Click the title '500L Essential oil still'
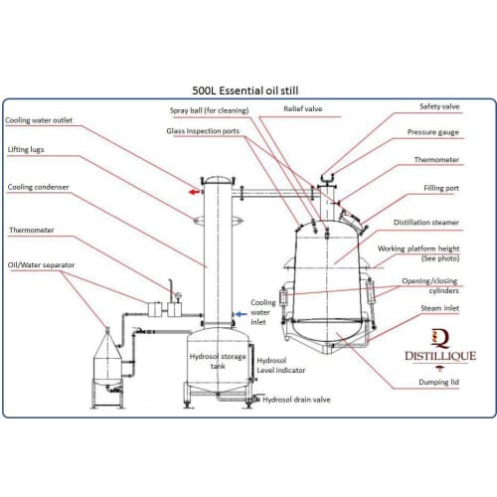coord(246,90)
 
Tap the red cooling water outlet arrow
coord(194,192)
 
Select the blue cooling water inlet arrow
coord(241,314)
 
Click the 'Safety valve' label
coord(439,106)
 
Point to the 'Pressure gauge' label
coord(433,132)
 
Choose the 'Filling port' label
coord(441,188)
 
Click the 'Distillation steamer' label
coord(426,223)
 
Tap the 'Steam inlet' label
coord(439,308)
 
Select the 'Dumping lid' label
coord(438,382)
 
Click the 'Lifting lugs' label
coord(26,150)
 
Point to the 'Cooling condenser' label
coord(38,187)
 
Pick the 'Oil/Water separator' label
coord(41,265)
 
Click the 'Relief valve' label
coord(303,108)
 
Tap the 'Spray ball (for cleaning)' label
coord(209,110)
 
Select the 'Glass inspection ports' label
coord(203,131)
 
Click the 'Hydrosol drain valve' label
coord(296,400)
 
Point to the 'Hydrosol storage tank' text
coord(218,361)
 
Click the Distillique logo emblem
coord(440,338)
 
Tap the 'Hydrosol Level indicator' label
coord(281,366)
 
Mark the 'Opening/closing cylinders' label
coord(430,286)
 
